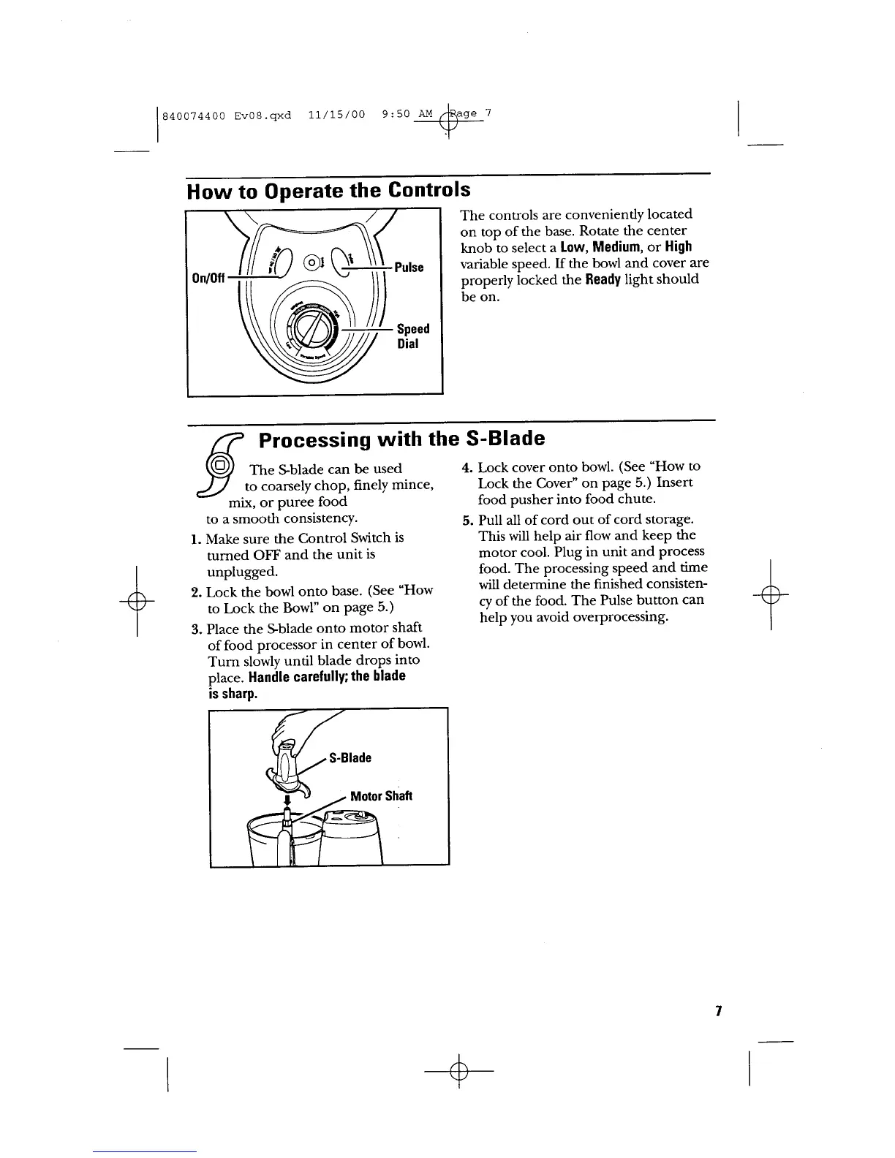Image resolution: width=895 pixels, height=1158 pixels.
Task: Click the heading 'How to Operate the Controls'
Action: point(328,192)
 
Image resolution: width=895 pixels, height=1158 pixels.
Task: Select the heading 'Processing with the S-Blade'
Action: point(401,439)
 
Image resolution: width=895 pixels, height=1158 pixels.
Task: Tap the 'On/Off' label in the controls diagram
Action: point(208,279)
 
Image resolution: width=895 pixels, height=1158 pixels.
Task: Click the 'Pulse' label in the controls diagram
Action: point(409,267)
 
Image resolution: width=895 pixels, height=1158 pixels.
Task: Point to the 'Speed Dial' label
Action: point(412,336)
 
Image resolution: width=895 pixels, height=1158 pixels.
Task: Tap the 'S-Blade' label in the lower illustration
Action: point(350,758)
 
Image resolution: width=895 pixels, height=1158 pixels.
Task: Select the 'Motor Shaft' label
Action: point(381,796)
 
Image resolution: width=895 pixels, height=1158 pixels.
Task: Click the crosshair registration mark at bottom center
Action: point(459,1070)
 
